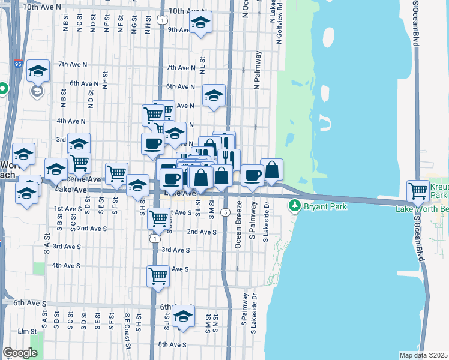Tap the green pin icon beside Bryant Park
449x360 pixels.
pyautogui.click(x=294, y=206)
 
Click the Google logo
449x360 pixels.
pyautogui.click(x=20, y=353)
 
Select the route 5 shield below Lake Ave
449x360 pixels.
pyautogui.click(x=225, y=212)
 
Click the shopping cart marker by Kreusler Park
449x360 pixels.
pyautogui.click(x=418, y=191)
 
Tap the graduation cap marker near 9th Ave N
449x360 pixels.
pyautogui.click(x=200, y=24)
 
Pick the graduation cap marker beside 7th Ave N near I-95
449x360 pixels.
pyautogui.click(x=38, y=71)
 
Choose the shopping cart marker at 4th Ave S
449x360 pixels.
pyautogui.click(x=158, y=276)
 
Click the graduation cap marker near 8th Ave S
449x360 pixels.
pyautogui.click(x=184, y=316)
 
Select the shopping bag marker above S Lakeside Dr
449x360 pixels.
pyautogui.click(x=272, y=170)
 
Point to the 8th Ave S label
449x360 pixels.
pyautogui.click(x=172, y=344)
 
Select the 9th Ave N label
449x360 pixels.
pyautogui.click(x=178, y=29)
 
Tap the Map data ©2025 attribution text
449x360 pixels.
pyautogui.click(x=424, y=355)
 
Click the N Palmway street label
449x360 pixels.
pyautogui.click(x=259, y=70)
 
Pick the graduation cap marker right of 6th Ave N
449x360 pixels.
pyautogui.click(x=214, y=95)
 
